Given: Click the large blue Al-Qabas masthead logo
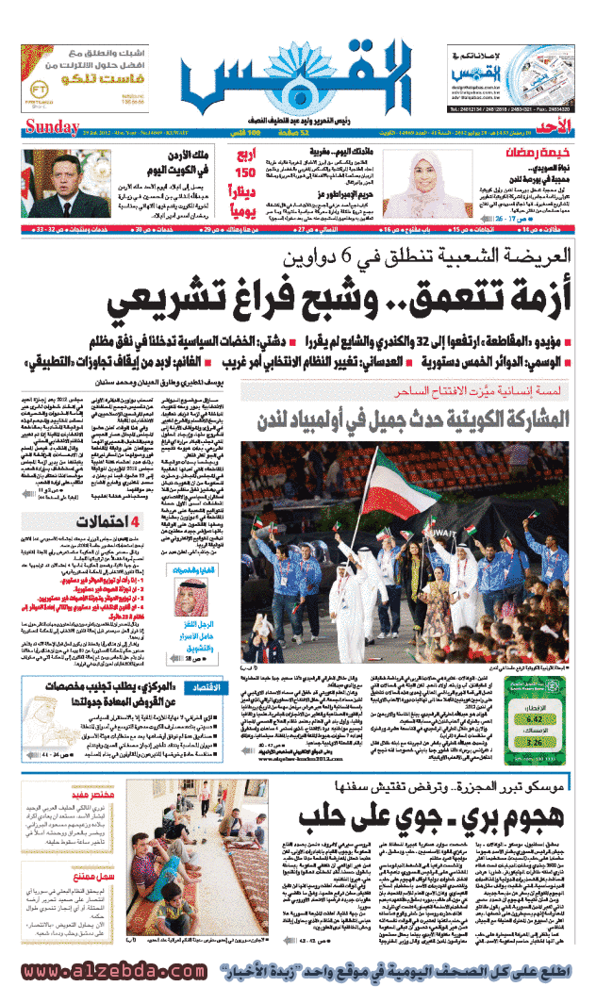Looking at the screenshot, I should click(298, 79).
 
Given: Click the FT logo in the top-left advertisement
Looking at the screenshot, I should click(37, 79).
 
